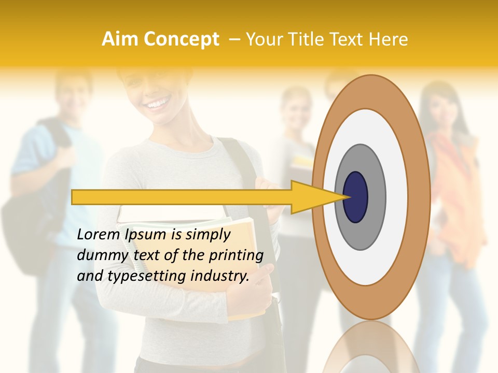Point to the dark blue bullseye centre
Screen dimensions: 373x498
pos(356,197)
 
